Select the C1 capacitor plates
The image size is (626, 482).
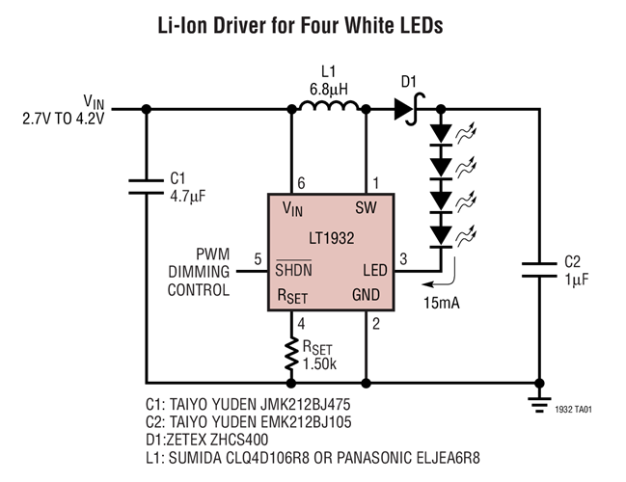(146, 185)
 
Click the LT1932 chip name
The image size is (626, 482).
(328, 238)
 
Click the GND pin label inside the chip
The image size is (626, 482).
(366, 295)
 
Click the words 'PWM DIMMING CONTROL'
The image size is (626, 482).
(198, 271)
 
